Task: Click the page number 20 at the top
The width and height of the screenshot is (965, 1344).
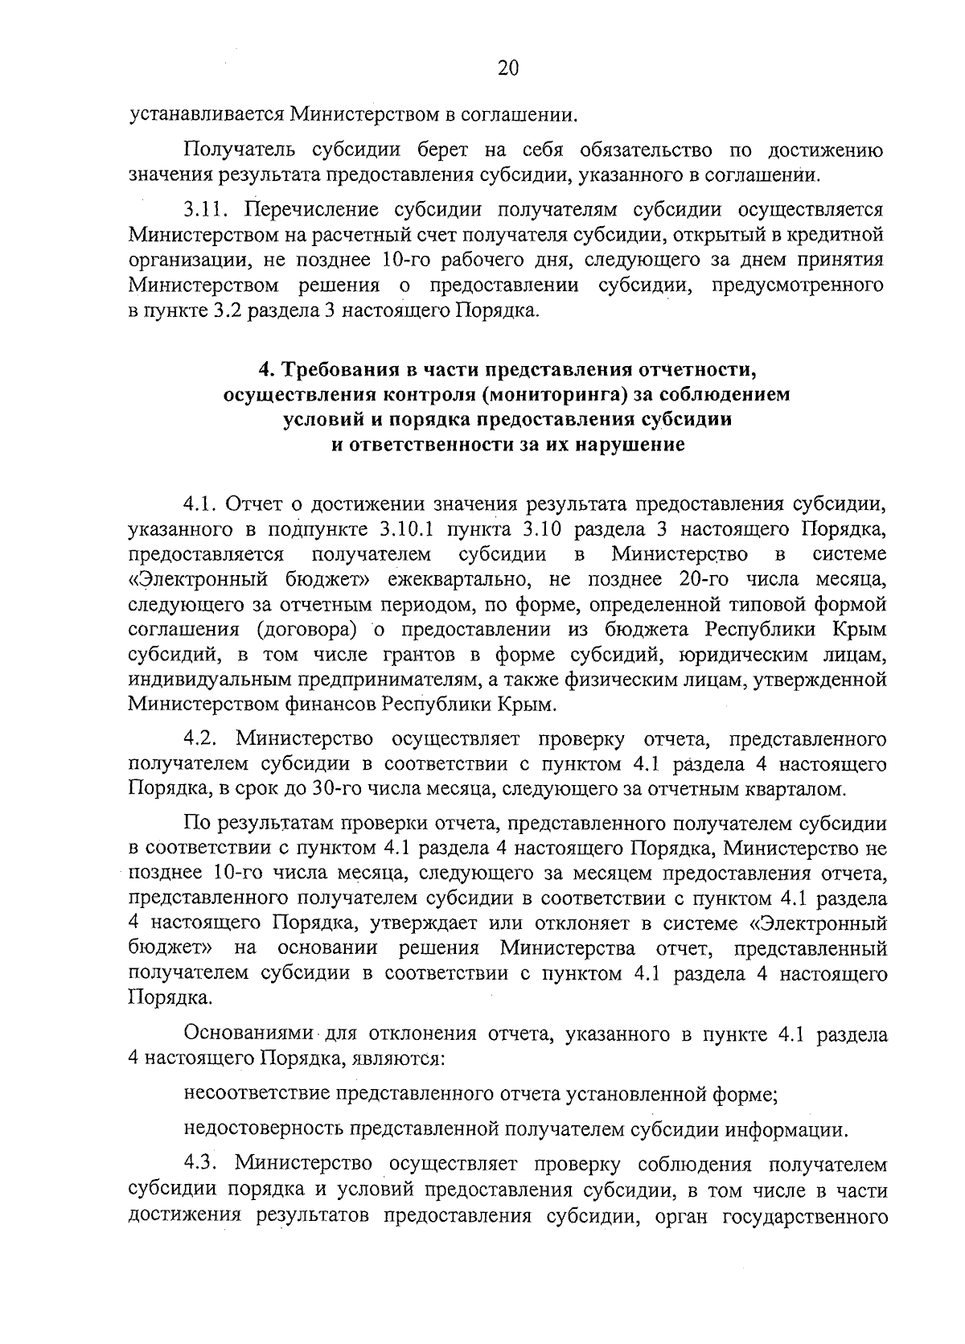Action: (x=507, y=68)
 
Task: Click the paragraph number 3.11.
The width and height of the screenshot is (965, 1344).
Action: (x=207, y=212)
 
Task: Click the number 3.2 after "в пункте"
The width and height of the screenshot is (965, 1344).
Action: (x=229, y=310)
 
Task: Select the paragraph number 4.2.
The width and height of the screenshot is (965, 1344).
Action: (x=203, y=738)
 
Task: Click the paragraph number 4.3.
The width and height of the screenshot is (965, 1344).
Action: (x=203, y=1164)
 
